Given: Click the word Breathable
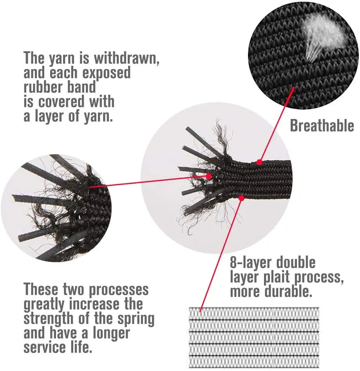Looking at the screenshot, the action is coord(322,125).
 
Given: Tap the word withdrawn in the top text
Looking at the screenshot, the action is coord(127,58).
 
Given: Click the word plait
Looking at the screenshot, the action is coord(276,277).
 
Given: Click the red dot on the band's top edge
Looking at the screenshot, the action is coord(260,162).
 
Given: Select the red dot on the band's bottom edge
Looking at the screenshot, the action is coord(241,198).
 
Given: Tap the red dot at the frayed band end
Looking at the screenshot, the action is coord(209,176).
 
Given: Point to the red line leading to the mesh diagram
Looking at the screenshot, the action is coord(221,255).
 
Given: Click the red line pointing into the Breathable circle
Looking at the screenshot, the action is coord(277,125).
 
